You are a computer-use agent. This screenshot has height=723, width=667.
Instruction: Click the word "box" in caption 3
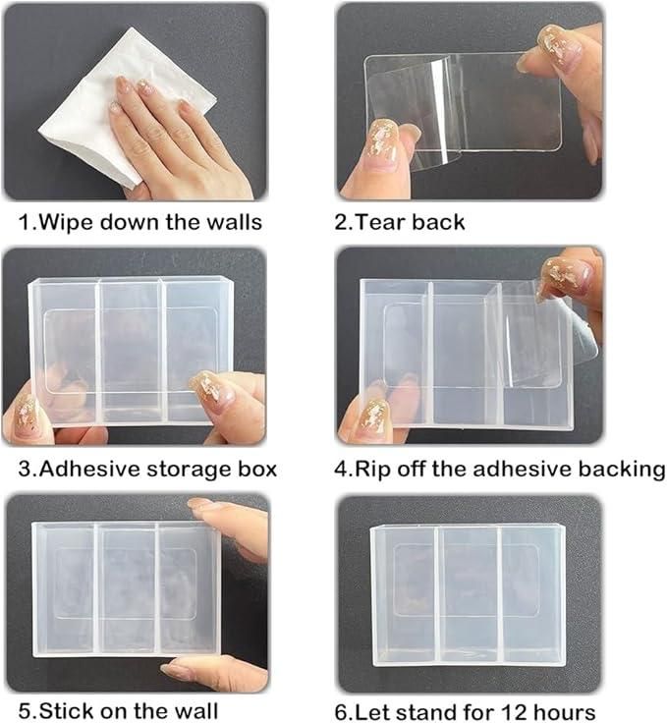pyautogui.click(x=257, y=469)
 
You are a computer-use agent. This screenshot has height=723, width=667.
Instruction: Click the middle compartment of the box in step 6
pyautogui.click(x=468, y=594)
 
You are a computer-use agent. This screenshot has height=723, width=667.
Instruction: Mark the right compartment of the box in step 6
pyautogui.click(x=530, y=594)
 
